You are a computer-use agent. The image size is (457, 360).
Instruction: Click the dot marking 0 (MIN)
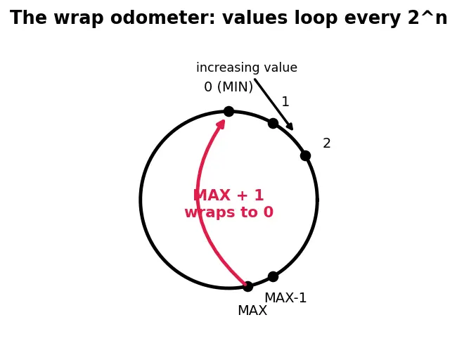click(x=228, y=111)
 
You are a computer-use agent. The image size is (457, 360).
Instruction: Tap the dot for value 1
click(x=273, y=123)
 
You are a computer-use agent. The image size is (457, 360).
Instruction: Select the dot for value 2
click(x=305, y=155)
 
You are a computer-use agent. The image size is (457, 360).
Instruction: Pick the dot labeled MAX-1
click(x=273, y=276)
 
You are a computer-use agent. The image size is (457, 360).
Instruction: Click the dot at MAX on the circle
click(x=247, y=286)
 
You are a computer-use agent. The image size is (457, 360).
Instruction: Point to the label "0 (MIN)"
click(x=228, y=87)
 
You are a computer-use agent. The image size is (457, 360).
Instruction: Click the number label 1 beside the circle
click(x=285, y=102)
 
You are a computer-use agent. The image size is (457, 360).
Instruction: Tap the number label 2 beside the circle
click(x=327, y=143)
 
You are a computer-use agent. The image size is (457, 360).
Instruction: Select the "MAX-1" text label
click(x=285, y=298)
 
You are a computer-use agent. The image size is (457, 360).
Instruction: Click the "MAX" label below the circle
click(x=252, y=311)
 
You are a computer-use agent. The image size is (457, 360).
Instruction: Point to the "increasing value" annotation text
click(x=247, y=67)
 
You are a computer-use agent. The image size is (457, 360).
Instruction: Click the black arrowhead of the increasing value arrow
click(x=290, y=127)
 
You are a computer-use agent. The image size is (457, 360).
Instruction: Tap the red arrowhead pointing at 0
click(x=221, y=124)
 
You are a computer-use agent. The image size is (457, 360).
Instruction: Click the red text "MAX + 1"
click(x=228, y=195)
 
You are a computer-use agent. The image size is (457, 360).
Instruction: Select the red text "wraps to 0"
click(x=229, y=212)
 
